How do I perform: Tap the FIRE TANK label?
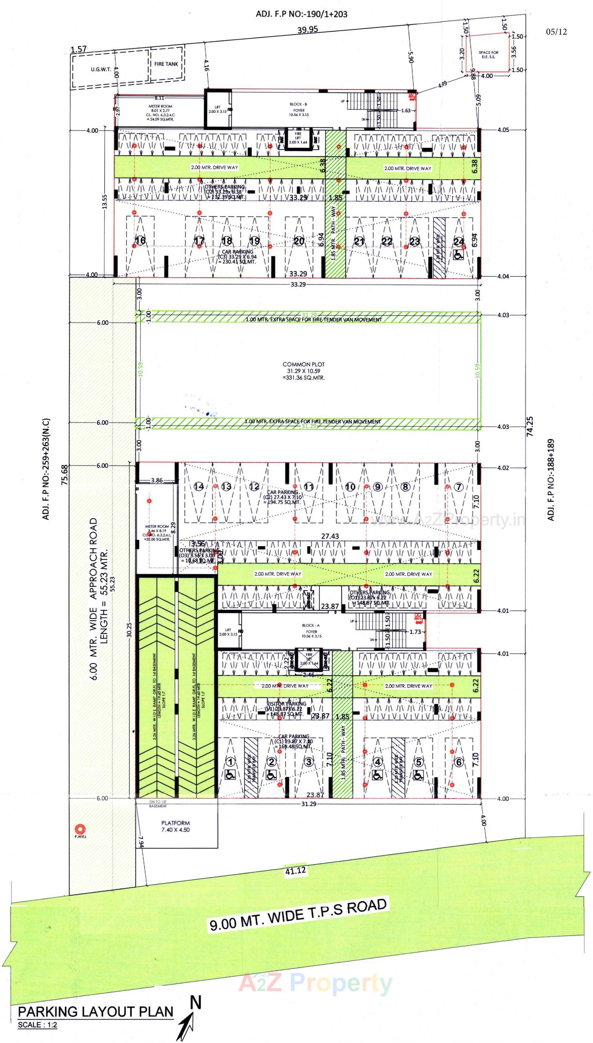click(x=166, y=64)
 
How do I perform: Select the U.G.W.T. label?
click(x=101, y=69)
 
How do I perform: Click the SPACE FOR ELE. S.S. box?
click(x=488, y=54)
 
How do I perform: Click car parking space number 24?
click(x=459, y=241)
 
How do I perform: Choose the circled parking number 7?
click(x=459, y=487)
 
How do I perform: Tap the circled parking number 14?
click(x=199, y=486)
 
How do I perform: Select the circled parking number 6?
click(x=459, y=762)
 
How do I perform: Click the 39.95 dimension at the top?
click(x=308, y=30)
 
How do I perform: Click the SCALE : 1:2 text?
click(x=37, y=1025)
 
